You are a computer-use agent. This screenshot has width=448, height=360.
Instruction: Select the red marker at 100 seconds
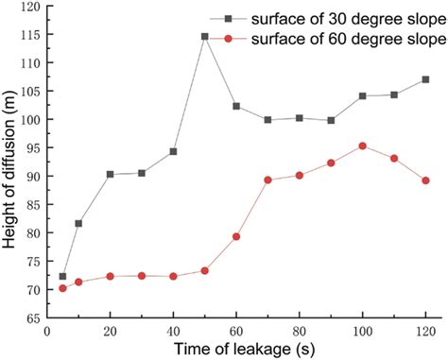coord(362,146)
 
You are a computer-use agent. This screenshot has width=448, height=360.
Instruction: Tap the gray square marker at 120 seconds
coord(425,79)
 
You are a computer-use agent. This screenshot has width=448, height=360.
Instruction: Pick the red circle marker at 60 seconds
coord(236,236)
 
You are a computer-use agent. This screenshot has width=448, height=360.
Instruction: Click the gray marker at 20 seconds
coord(110,174)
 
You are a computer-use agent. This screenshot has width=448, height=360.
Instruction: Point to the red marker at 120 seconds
coord(425,180)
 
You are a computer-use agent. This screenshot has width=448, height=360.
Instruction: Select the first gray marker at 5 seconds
coord(62,277)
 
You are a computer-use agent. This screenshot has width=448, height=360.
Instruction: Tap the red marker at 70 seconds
coord(267,180)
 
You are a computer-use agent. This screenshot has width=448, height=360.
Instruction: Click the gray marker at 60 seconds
coord(236,106)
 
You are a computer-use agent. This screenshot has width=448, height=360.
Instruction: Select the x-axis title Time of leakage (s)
coord(236,350)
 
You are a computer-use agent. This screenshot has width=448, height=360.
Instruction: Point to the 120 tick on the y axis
coord(30,7)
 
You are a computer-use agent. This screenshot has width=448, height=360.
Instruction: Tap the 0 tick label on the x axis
coord(47,331)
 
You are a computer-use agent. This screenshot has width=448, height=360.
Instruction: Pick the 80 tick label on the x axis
coord(299,331)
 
